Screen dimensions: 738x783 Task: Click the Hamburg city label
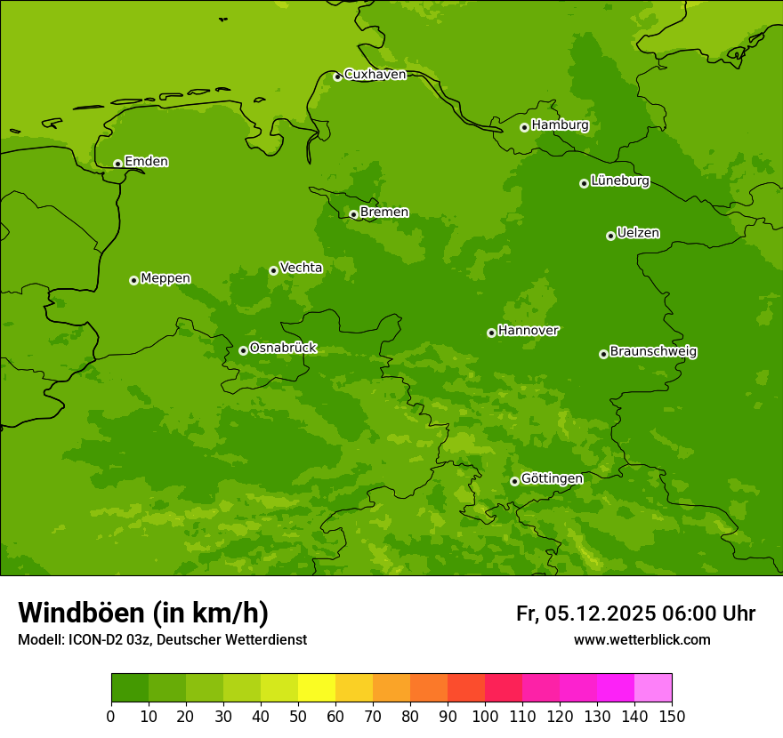(560, 125)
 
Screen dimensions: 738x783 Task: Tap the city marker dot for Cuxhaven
(337, 76)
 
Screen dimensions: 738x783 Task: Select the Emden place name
(146, 162)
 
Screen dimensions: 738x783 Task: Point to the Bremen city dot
(353, 214)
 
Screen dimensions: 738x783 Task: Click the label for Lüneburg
(619, 181)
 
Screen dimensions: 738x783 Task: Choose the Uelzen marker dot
(610, 236)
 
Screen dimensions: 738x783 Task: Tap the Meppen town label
(165, 278)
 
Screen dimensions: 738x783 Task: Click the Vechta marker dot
(273, 270)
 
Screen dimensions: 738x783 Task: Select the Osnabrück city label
(283, 349)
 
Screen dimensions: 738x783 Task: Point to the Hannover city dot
(491, 333)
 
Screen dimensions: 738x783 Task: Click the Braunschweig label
(653, 352)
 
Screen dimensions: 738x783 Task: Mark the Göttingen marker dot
(514, 481)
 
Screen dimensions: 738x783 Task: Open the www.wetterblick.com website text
(642, 640)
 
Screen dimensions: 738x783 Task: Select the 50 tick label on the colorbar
(298, 716)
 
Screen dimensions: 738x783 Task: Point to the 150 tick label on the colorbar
(672, 716)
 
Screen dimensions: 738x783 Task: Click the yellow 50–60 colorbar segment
(317, 688)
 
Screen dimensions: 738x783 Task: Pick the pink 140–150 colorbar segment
(653, 688)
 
